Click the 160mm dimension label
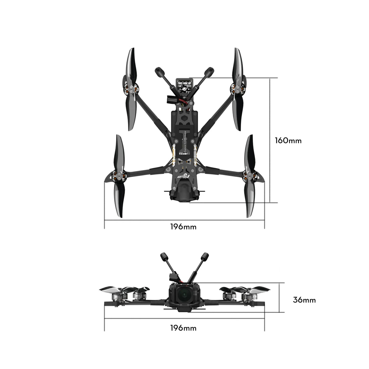coord(288,140)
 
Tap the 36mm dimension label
coord(304,300)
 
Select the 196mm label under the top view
coord(183,227)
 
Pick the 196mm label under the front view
coord(183,328)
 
